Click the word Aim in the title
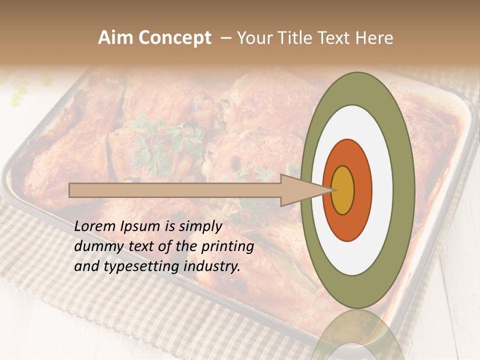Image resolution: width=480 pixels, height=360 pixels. (x=115, y=38)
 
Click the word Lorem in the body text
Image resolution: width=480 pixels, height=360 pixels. (x=95, y=226)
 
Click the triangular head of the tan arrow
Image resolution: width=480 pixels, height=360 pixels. (x=300, y=190)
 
